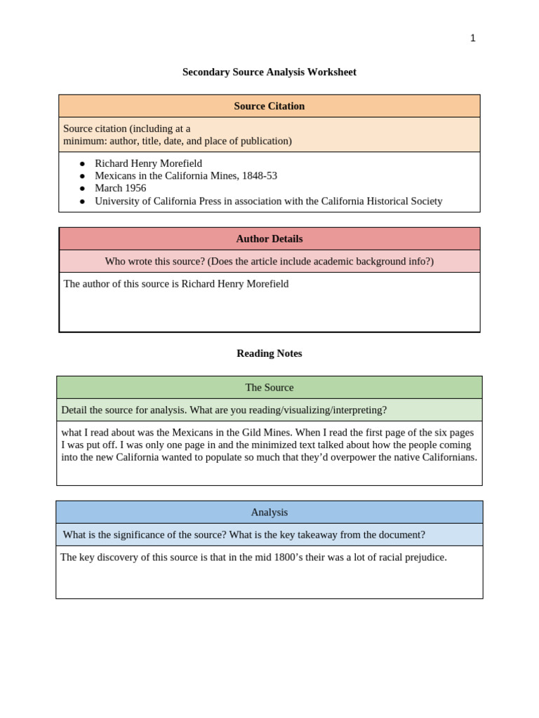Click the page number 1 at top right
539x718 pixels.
click(472, 39)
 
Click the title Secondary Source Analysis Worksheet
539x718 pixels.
click(269, 72)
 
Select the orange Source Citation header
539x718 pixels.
click(269, 106)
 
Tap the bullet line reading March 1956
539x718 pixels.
click(120, 188)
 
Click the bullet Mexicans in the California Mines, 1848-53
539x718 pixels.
click(185, 175)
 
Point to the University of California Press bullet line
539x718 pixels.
click(268, 201)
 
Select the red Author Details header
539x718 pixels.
click(269, 238)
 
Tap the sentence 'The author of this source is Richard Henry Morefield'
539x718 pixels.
click(175, 284)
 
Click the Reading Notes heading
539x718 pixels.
click(269, 353)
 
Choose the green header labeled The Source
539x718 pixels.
click(269, 387)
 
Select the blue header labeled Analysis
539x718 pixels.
click(269, 512)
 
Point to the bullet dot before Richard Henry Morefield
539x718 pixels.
click(82, 163)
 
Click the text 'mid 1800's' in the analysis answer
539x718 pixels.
click(271, 557)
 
